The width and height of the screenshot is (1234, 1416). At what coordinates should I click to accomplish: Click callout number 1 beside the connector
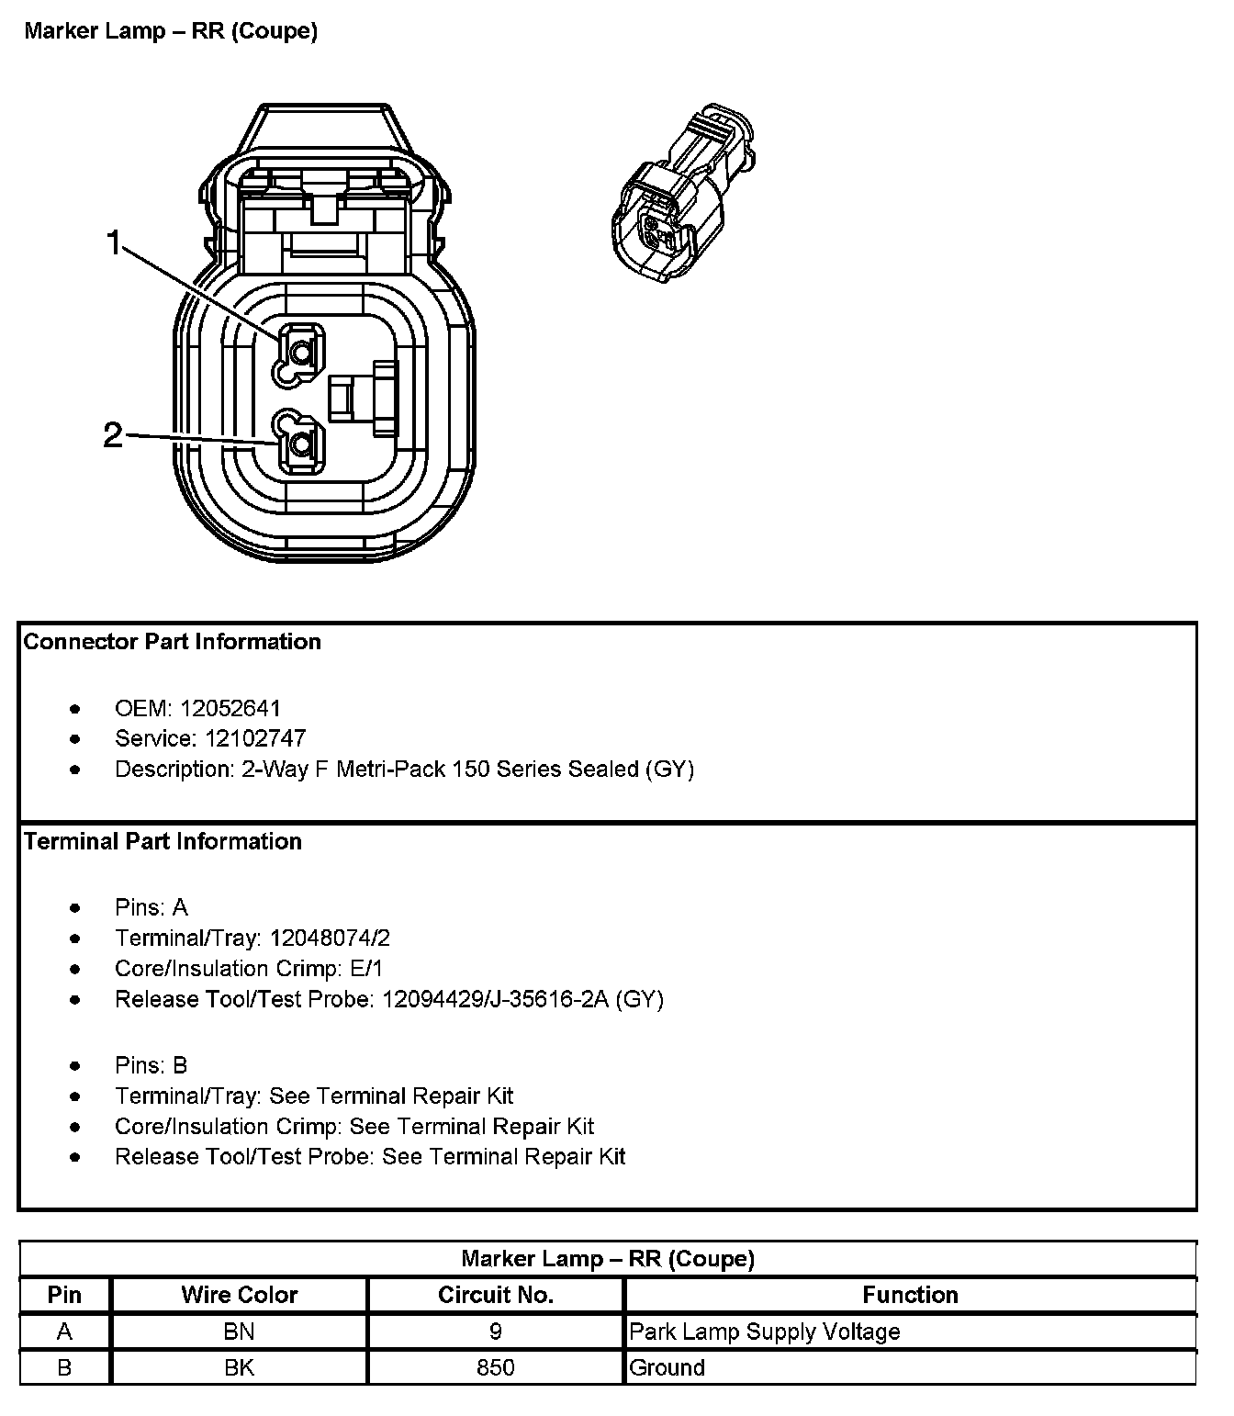click(114, 243)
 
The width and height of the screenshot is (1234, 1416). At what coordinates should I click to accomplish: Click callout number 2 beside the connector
click(112, 434)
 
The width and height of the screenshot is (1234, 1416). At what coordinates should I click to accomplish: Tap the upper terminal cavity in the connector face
click(299, 350)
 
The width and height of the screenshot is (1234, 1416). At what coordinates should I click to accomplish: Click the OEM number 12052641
click(230, 708)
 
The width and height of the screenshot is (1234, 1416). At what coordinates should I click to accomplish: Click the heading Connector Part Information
click(173, 642)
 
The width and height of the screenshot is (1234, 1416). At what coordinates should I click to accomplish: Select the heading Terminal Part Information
click(163, 841)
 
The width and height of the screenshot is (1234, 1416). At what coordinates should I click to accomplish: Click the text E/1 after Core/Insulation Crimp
click(367, 968)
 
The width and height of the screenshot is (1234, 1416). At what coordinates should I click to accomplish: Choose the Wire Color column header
click(240, 1295)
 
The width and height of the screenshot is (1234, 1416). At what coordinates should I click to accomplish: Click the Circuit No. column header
click(496, 1295)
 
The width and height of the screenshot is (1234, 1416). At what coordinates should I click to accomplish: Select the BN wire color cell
click(240, 1331)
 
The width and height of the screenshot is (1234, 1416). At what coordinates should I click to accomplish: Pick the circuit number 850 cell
click(496, 1367)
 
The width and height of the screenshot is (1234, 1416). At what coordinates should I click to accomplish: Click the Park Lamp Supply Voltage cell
click(765, 1332)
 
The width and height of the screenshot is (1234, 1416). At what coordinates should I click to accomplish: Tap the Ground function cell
click(667, 1367)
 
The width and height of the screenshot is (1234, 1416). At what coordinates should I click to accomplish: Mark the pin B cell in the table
click(64, 1367)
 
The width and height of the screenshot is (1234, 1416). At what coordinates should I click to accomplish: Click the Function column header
click(910, 1295)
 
